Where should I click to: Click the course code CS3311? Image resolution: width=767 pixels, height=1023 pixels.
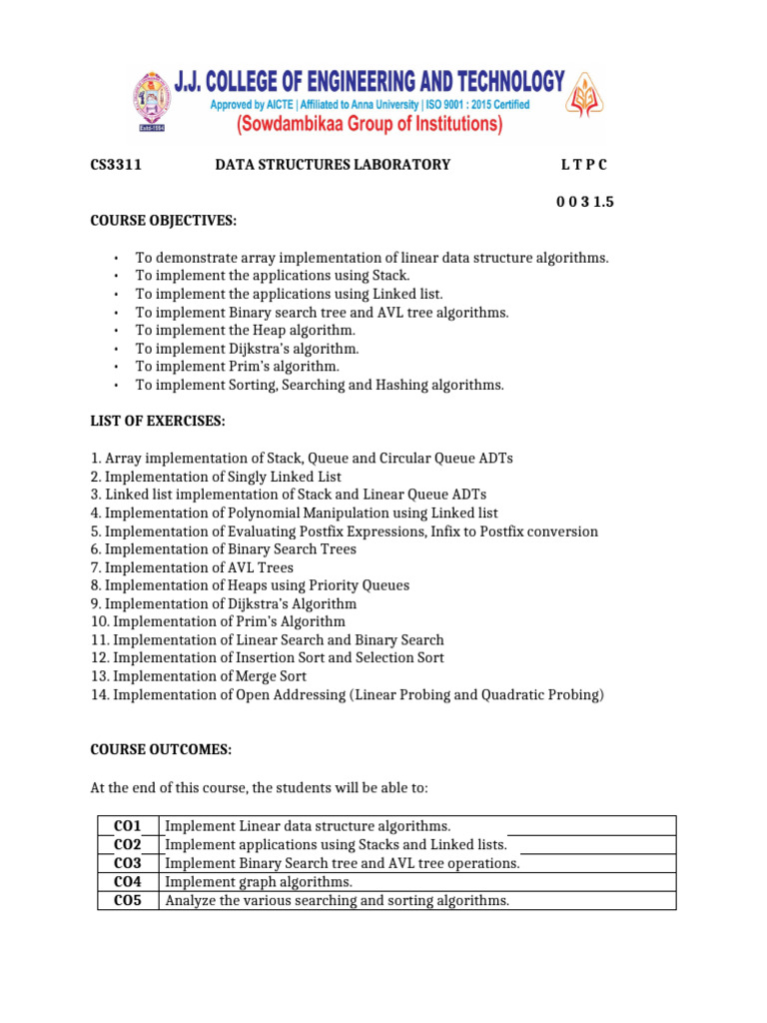click(116, 165)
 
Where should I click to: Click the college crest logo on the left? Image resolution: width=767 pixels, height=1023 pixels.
click(153, 102)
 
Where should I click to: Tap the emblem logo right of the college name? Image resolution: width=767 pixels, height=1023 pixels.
click(585, 103)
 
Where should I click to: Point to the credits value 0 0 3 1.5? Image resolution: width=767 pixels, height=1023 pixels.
click(584, 202)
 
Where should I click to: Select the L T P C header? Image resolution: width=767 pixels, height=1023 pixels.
click(583, 165)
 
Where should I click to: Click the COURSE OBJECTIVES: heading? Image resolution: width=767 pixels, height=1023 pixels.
click(164, 220)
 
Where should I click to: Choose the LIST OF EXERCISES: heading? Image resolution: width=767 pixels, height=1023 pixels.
click(157, 422)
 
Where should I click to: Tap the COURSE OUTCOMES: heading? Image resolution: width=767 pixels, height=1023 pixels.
click(161, 749)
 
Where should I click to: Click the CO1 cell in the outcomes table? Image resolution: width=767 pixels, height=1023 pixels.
click(128, 826)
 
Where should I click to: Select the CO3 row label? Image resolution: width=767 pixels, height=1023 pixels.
click(128, 863)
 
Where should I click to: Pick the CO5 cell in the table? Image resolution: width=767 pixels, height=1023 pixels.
click(128, 901)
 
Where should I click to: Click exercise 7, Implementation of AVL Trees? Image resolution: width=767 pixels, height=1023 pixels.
click(192, 567)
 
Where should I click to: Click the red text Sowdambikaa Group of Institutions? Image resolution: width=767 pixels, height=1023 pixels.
click(369, 125)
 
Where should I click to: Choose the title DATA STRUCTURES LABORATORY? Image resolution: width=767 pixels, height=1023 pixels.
click(333, 165)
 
